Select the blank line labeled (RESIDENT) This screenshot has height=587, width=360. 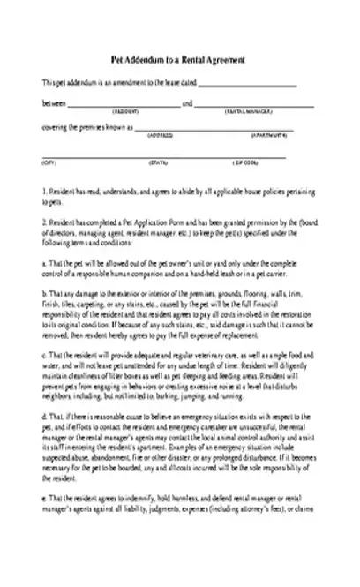tap(124, 107)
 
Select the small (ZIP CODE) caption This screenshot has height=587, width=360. tap(244, 162)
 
